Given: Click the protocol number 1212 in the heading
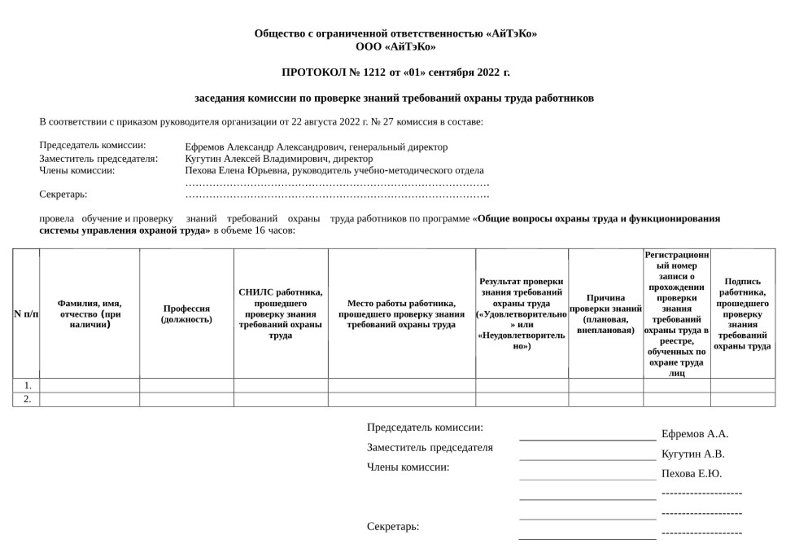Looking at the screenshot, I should click(x=371, y=72).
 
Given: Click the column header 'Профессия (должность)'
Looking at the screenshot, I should click(x=186, y=314).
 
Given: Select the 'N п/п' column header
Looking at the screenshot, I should click(x=26, y=314).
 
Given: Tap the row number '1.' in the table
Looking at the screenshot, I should click(x=27, y=385).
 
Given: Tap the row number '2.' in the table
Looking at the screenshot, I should click(x=27, y=399).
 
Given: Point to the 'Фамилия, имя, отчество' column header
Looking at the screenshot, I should click(x=90, y=314).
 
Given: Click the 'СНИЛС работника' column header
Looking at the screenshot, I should click(x=281, y=314).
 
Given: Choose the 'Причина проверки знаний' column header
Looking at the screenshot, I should click(x=605, y=314).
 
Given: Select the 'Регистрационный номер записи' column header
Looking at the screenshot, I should click(x=676, y=314).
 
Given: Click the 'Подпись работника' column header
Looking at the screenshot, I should click(x=742, y=314).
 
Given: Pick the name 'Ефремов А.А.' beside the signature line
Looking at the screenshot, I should click(x=694, y=434).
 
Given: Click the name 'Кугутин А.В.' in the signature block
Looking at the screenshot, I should click(x=692, y=454).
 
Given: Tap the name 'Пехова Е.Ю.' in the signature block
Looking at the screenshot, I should click(x=692, y=473).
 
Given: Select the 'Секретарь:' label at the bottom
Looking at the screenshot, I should click(x=393, y=527).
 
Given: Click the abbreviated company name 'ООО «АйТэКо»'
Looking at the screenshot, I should click(x=395, y=46).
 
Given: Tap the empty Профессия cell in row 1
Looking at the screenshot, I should click(x=186, y=385).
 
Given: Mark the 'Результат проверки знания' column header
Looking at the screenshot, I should click(x=522, y=314).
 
